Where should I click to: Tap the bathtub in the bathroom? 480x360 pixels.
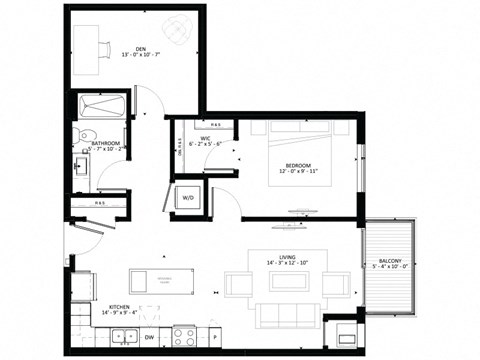(x=101, y=106)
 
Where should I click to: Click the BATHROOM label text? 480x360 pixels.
(x=106, y=143)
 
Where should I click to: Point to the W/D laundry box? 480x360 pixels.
(x=187, y=197)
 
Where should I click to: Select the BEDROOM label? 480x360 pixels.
(x=299, y=165)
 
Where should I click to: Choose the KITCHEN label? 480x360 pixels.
(x=119, y=307)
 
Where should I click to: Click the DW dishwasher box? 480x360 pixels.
(x=149, y=337)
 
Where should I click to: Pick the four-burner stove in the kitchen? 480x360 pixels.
(x=184, y=336)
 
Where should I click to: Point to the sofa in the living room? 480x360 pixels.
(x=287, y=315)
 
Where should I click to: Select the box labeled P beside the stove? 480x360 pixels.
(x=214, y=337)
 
